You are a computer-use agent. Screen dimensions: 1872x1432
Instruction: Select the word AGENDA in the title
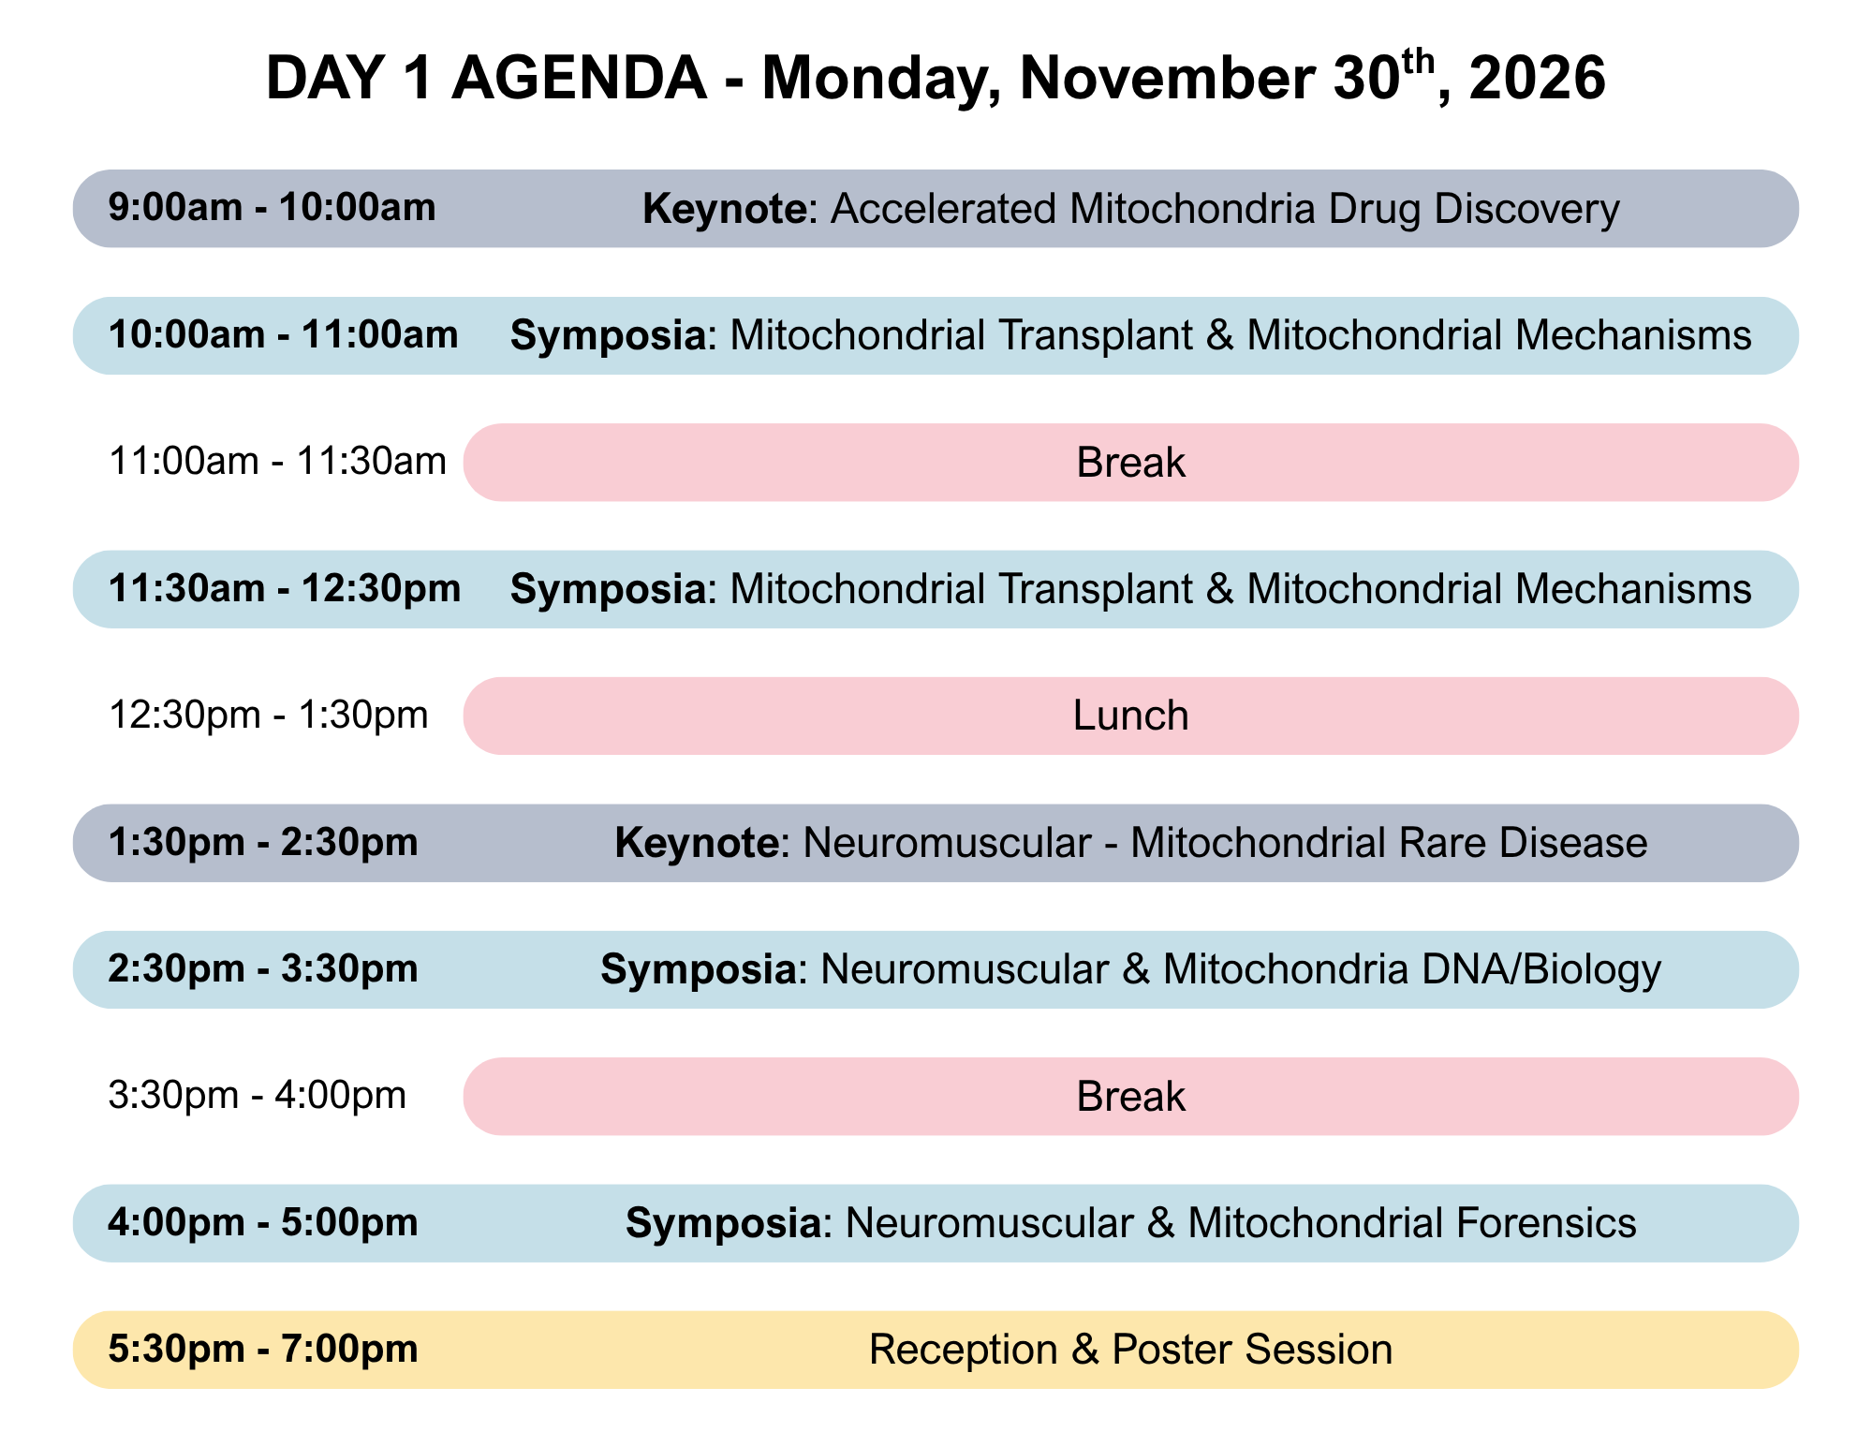tap(580, 78)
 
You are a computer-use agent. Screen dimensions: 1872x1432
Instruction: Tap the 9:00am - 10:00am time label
tap(273, 208)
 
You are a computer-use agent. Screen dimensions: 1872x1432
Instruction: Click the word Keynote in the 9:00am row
tap(724, 209)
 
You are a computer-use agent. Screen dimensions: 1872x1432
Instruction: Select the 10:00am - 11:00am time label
tap(284, 335)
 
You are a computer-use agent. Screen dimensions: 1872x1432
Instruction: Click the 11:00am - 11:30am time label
tap(278, 462)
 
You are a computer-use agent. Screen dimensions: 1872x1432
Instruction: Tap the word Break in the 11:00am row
tap(1131, 463)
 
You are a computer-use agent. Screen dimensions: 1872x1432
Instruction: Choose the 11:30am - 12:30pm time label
tap(285, 589)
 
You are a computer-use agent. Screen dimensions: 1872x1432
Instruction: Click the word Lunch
tap(1131, 716)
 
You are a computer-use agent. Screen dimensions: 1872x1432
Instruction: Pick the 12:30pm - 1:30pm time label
tap(269, 716)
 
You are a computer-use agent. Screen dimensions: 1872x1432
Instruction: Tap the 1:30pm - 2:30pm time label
tap(263, 843)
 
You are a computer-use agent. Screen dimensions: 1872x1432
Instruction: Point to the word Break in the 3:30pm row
tap(1131, 1097)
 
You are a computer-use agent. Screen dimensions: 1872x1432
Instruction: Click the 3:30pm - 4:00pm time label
tap(258, 1096)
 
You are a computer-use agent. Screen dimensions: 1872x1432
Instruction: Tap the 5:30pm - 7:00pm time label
tap(263, 1350)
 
